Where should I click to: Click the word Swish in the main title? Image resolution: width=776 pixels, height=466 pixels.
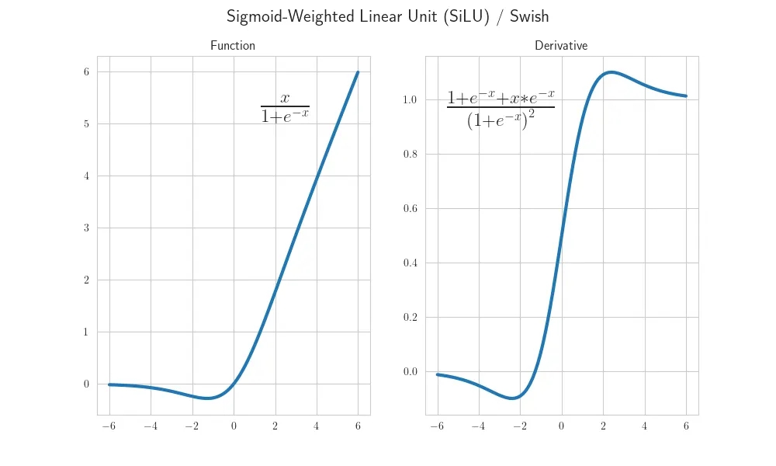coord(529,16)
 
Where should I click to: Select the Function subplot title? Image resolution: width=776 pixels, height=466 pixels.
coord(233,46)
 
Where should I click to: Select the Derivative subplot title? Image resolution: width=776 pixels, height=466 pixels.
coord(561,46)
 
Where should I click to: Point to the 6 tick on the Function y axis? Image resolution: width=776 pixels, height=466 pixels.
coord(87,72)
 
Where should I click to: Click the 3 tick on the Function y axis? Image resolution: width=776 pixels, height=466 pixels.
coord(87,228)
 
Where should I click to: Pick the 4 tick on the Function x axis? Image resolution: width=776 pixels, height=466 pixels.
coord(317,426)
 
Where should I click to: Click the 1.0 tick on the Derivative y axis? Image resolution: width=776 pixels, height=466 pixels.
coord(410,100)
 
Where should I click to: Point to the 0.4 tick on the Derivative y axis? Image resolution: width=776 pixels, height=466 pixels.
coord(410,263)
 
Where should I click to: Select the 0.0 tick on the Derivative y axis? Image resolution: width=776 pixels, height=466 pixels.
coord(410,372)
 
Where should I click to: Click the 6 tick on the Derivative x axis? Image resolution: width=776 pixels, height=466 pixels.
coord(686,426)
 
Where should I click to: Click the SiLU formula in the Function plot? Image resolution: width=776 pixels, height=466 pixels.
coord(285,107)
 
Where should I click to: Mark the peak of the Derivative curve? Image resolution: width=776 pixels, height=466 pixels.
coord(611,72)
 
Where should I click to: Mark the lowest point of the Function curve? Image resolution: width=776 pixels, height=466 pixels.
coord(207,398)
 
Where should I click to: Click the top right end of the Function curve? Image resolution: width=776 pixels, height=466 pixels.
coord(358,72)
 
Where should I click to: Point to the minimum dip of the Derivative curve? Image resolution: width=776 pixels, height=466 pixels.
coord(512,398)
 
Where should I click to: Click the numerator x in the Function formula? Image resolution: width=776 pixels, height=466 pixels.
coord(285,98)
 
